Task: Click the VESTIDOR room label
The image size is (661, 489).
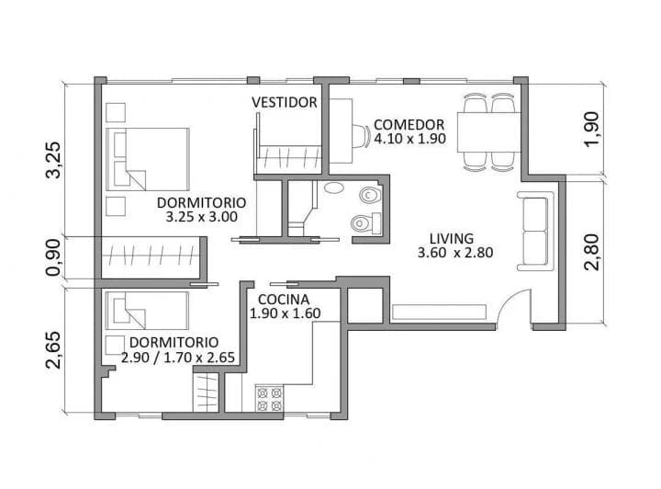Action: pyautogui.click(x=285, y=102)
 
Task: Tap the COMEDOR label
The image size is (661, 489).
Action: pyautogui.click(x=409, y=125)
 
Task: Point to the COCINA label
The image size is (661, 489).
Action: pyautogui.click(x=283, y=300)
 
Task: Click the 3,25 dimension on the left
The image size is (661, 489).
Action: pyautogui.click(x=54, y=160)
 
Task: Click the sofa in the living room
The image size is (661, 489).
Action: pyautogui.click(x=535, y=231)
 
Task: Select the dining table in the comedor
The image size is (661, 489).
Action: pyautogui.click(x=488, y=131)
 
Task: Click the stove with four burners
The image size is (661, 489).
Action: pyautogui.click(x=270, y=399)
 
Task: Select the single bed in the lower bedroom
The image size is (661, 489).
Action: pyautogui.click(x=147, y=311)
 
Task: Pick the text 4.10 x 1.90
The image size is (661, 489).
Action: pyautogui.click(x=409, y=140)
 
